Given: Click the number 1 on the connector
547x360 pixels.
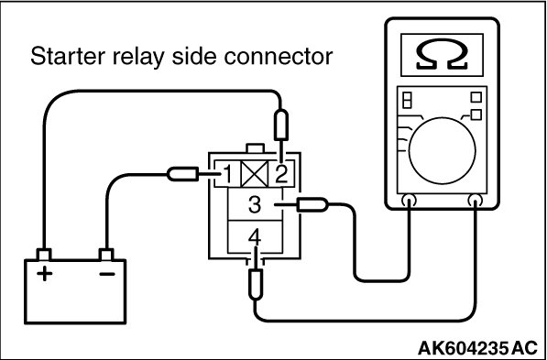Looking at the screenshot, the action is click(227, 174).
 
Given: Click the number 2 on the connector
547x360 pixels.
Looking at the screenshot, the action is click(281, 174).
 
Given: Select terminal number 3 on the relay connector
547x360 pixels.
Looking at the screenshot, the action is click(255, 205).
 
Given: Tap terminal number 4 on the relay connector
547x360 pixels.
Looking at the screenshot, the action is click(255, 239).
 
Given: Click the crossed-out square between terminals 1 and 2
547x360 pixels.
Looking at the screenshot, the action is click(255, 174).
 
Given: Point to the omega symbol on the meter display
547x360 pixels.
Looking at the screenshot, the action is click(442, 54).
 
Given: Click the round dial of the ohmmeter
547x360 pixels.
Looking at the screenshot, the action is click(442, 150).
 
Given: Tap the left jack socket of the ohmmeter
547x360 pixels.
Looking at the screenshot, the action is click(409, 201).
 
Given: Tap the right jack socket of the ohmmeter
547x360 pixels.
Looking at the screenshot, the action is click(476, 201).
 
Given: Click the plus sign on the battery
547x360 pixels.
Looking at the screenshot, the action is click(44, 274).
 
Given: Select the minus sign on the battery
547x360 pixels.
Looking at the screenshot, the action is click(107, 274).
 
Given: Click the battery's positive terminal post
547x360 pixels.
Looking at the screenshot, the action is click(44, 255).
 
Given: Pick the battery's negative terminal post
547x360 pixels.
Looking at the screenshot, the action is click(106, 255).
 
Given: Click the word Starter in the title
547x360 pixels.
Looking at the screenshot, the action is click(68, 56).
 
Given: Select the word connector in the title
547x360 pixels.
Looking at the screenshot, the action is click(278, 56).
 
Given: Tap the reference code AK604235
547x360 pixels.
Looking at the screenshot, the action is click(462, 348).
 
